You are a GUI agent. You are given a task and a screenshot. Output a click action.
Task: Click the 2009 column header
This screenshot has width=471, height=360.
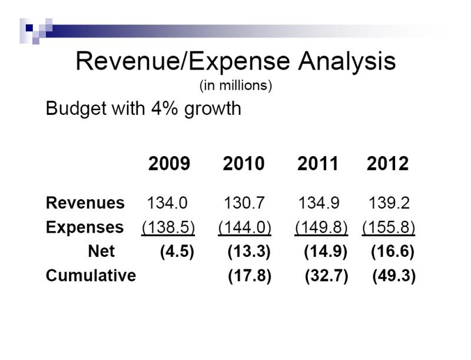[x=169, y=164]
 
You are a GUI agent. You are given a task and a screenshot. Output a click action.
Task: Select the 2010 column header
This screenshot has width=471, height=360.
[x=244, y=164]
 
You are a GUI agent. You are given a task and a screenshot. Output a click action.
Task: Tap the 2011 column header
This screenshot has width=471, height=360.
[x=318, y=164]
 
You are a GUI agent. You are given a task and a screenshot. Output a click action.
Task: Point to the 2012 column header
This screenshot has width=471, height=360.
[x=387, y=164]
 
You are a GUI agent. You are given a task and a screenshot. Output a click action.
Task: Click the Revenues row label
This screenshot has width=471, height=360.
[x=85, y=203]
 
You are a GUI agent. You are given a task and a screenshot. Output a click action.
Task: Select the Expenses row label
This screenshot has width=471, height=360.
[x=84, y=227]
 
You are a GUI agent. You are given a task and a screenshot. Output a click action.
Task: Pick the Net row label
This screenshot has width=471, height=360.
[x=101, y=252]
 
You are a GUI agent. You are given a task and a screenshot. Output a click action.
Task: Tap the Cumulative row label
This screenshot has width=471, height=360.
[x=91, y=276]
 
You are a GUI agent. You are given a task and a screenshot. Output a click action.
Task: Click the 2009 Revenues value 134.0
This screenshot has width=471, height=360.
[x=167, y=203]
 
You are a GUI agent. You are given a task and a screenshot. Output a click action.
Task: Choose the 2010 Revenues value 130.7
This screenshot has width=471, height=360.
[x=244, y=203]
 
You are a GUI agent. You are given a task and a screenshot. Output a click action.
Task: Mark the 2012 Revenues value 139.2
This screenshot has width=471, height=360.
[x=389, y=203]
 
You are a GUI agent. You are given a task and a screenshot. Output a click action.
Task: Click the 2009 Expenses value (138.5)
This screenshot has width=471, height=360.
[x=168, y=227]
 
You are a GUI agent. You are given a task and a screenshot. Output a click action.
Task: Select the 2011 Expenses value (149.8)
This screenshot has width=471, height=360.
[x=321, y=227]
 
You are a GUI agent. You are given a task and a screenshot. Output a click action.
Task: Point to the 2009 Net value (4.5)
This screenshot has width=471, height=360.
[x=177, y=252]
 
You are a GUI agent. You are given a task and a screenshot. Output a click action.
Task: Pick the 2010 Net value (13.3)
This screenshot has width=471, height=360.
[x=249, y=252]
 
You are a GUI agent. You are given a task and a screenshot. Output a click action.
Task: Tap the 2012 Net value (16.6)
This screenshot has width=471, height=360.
[x=393, y=252]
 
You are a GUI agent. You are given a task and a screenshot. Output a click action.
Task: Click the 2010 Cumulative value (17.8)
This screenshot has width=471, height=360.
[x=250, y=276]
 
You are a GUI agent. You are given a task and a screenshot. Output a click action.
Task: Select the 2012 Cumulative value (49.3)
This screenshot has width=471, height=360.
[x=394, y=276]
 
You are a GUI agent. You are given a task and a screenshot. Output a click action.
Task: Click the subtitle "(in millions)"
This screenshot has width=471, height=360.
[x=235, y=86]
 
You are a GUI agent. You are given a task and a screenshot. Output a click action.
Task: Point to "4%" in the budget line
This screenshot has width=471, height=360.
[x=157, y=109]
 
